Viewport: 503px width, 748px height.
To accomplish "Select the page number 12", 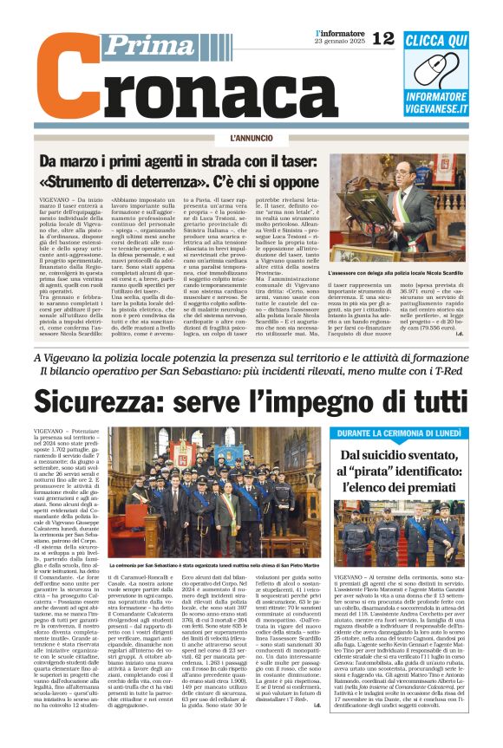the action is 382,37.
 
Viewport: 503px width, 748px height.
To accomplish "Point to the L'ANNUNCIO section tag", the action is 251,138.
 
